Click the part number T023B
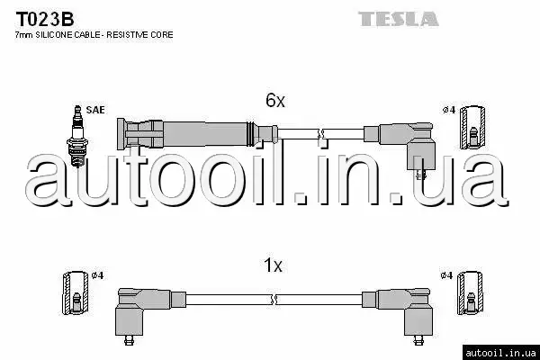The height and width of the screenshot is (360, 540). pos(45,19)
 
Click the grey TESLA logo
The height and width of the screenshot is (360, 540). pos(399,19)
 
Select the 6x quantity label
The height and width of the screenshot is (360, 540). pos(275,100)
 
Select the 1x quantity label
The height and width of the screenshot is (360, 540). pos(273,265)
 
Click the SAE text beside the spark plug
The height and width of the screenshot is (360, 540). pos(95,110)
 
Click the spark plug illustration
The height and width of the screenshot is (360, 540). pos(78,137)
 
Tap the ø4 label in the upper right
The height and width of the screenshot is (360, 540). pos(449,110)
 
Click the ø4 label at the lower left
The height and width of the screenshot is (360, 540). pos(97,275)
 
